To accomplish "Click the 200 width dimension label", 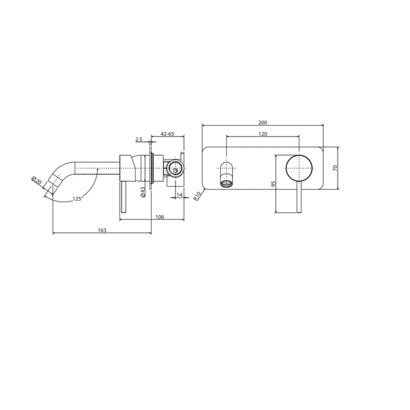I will tap(262, 122).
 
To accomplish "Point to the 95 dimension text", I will tap(272, 183).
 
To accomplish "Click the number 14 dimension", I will tap(178, 195).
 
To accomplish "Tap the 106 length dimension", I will tap(159, 217).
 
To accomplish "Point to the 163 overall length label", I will tap(102, 230).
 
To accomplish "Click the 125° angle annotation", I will tap(78, 198).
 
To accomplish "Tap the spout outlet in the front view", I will tap(227, 180).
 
